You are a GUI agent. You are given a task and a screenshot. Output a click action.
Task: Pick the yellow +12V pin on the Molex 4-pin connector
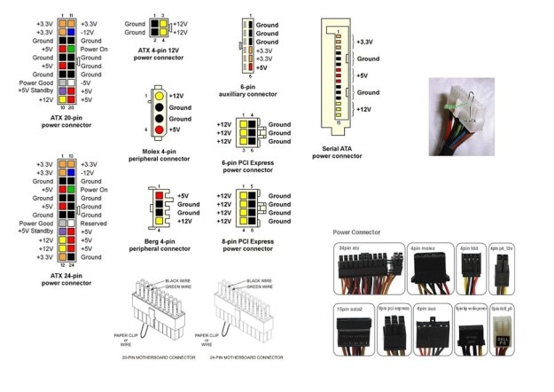coord(159,95)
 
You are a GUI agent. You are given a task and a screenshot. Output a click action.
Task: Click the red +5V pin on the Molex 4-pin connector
coord(159,130)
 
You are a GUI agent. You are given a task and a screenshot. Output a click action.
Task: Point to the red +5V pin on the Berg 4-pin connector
coord(161,195)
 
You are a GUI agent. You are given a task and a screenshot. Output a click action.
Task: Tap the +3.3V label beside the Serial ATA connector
coord(364,42)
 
